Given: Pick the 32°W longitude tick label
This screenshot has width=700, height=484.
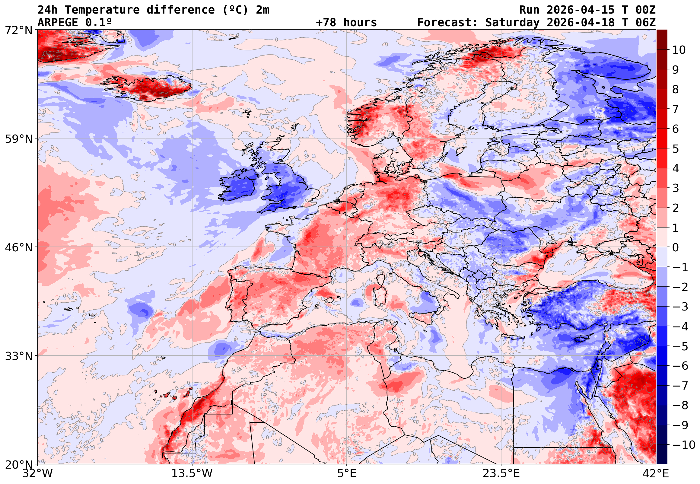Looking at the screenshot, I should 38,473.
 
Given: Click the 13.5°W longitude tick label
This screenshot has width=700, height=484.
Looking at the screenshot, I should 192,473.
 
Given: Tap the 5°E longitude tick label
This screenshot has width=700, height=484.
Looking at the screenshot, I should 347,473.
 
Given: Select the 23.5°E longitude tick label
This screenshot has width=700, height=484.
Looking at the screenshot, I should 501,473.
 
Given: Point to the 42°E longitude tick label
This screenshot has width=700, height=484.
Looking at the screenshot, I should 655,473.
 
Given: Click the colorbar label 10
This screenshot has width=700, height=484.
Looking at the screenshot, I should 679,50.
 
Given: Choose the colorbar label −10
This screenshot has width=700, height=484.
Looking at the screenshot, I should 684,445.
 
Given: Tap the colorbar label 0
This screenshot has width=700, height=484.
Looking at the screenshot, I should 676,247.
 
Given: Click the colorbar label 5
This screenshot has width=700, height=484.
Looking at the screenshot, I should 676,149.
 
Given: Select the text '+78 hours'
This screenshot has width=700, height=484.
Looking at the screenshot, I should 346,22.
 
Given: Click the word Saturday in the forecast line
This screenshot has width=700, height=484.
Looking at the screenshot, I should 512,22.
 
